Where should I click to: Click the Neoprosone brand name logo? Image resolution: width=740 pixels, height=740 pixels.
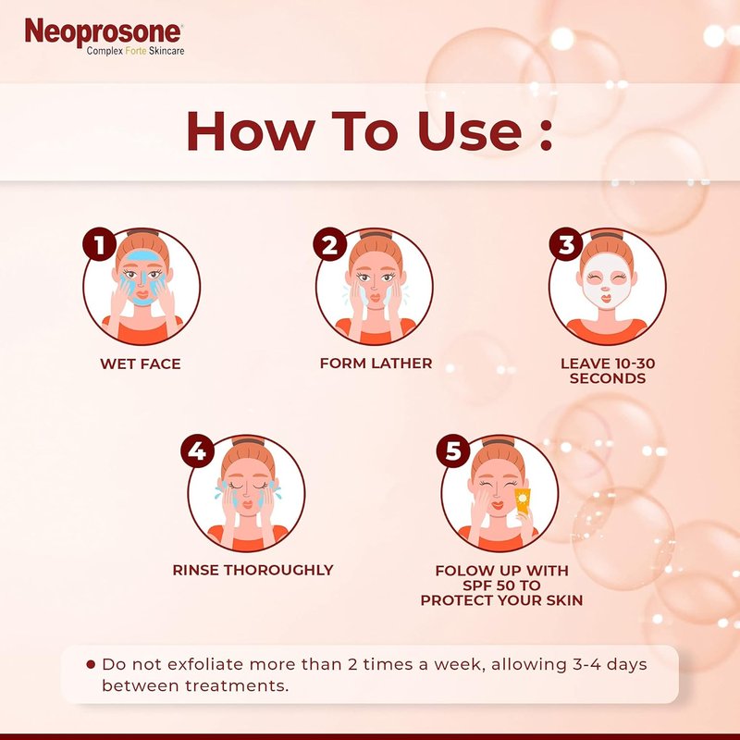click(x=103, y=32)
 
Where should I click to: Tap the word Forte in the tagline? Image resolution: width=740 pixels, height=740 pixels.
click(x=136, y=51)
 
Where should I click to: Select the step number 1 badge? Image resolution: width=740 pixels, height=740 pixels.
click(x=100, y=244)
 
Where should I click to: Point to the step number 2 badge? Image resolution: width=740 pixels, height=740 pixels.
click(x=330, y=244)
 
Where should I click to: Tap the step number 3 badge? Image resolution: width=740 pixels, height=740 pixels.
click(x=566, y=244)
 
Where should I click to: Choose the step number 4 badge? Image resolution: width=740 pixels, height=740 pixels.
click(x=198, y=450)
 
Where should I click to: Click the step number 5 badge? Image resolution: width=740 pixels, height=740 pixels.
click(x=453, y=450)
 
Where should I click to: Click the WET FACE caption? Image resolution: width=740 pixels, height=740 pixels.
click(x=141, y=364)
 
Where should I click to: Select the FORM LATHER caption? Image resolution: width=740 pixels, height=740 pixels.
click(x=376, y=363)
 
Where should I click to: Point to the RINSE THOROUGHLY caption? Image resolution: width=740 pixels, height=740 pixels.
click(x=253, y=570)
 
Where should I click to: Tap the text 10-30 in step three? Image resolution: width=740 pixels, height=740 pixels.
click(x=632, y=364)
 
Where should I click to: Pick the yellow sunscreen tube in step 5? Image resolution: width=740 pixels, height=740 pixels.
click(x=522, y=501)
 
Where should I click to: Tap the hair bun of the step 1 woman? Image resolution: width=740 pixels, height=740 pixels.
click(x=142, y=232)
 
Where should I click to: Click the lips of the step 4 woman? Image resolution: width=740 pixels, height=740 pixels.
click(x=247, y=504)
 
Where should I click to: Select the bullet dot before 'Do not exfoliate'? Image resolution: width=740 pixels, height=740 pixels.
click(x=91, y=664)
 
